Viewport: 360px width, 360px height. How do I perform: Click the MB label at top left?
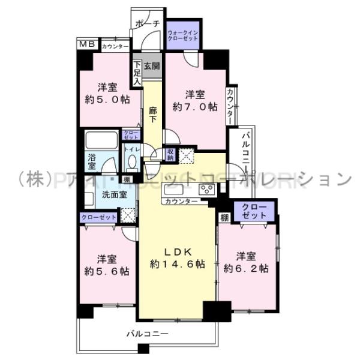[x=88, y=44]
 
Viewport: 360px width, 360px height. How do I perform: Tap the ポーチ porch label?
[x=148, y=23]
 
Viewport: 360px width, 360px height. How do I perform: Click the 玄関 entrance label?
[x=152, y=66]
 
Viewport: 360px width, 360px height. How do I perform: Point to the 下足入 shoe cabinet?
[x=137, y=72]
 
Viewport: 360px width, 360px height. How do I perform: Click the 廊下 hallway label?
[x=153, y=114]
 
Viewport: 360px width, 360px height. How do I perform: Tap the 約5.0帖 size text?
[x=107, y=100]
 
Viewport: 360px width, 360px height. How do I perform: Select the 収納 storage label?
[x=171, y=155]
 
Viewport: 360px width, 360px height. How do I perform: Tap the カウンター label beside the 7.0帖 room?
[x=231, y=107]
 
